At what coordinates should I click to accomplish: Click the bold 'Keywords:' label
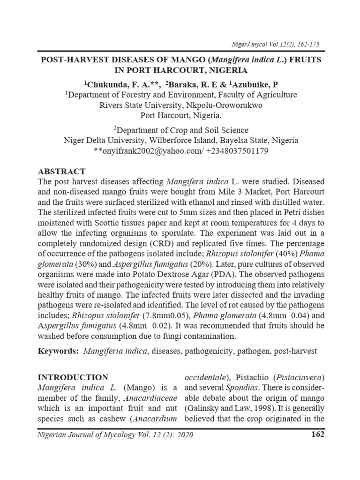(x=58, y=351)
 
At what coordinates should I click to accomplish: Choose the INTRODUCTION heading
(x=73, y=377)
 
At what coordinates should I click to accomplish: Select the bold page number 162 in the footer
(x=317, y=435)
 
